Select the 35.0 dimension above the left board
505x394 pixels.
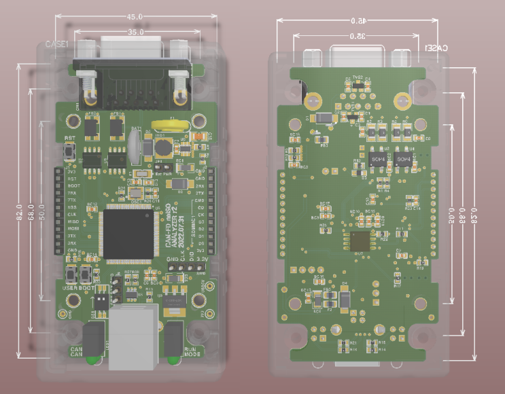[x=135, y=31]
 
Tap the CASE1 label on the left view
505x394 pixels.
[x=57, y=44]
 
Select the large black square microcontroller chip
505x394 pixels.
[x=127, y=235]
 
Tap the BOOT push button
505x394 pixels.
[x=86, y=275]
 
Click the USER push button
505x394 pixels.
[x=71, y=275]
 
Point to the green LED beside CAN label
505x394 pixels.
[x=91, y=361]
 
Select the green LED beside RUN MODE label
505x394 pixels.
[x=175, y=361]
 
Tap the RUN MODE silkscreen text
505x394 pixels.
[x=192, y=353]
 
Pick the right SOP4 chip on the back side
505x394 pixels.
[x=403, y=158]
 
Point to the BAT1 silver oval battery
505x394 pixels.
[x=135, y=145]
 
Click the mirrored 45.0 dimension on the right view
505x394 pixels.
[x=358, y=21]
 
